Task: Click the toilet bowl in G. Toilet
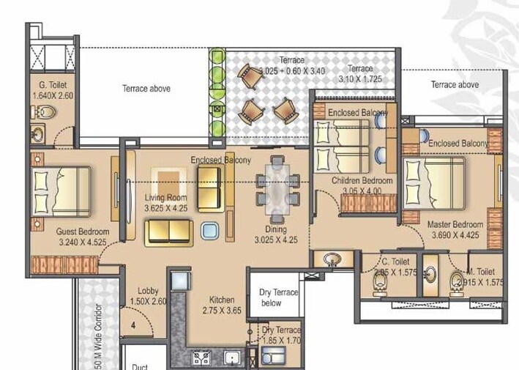click(45, 113)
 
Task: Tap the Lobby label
click(147, 290)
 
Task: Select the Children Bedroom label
click(362, 180)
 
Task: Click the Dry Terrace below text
click(279, 297)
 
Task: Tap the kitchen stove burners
click(201, 358)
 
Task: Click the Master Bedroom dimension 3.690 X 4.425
click(456, 235)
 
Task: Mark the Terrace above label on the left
click(146, 89)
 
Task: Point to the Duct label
click(140, 366)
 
